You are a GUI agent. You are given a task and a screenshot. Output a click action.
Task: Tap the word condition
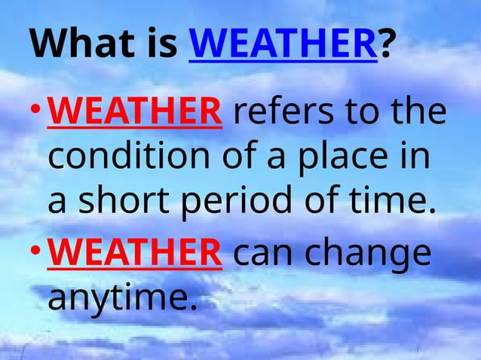(120, 158)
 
